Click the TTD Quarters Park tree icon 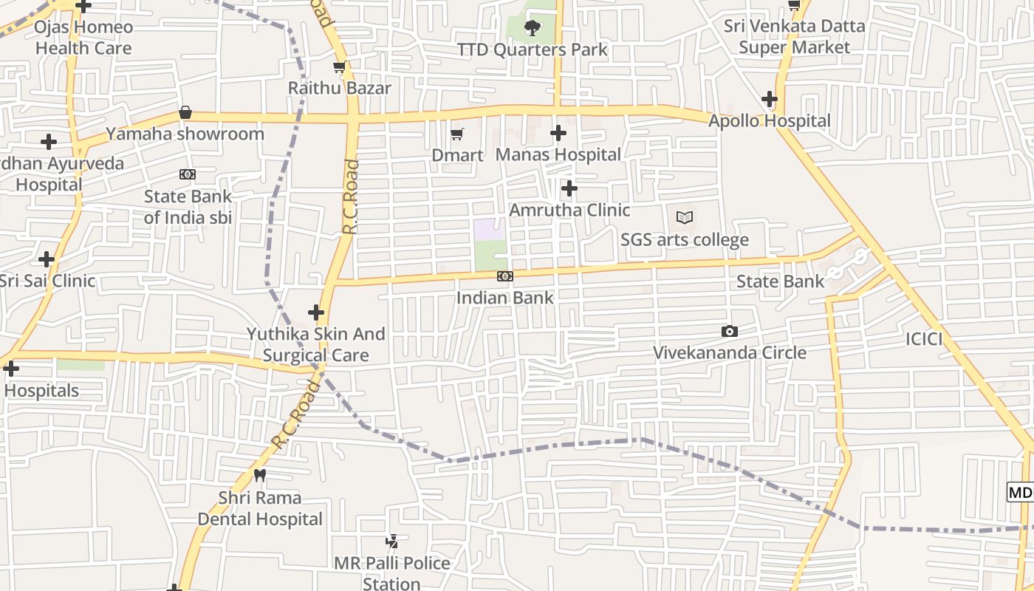[x=532, y=28]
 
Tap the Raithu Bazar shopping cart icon [x=339, y=67]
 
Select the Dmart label [x=457, y=155]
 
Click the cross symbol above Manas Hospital [x=558, y=133]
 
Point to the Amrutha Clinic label [x=569, y=210]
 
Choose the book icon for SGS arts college [x=685, y=218]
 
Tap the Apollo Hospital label [x=770, y=121]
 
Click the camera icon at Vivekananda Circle [x=730, y=331]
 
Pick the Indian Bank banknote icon [x=505, y=276]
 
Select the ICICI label [x=924, y=339]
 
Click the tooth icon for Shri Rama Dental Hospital [x=259, y=475]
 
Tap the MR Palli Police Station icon [x=392, y=542]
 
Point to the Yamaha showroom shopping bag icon [x=185, y=113]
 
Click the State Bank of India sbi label [x=188, y=207]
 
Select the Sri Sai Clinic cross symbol [x=47, y=259]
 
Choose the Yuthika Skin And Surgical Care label [x=316, y=344]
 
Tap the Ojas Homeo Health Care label [x=84, y=38]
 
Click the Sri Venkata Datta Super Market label [x=794, y=37]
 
